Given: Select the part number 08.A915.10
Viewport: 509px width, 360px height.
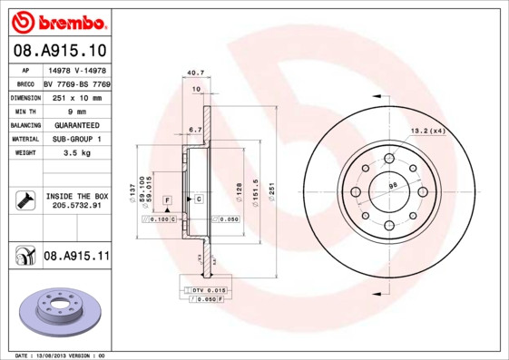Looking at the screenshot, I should tap(58, 50).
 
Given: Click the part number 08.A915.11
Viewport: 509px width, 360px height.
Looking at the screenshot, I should tap(76, 258).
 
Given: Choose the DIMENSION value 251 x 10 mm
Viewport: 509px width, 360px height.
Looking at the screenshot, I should tap(76, 95).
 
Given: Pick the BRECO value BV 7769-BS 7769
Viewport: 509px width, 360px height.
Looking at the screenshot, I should tap(77, 82).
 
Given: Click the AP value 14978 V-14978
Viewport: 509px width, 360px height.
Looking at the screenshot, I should tap(76, 68).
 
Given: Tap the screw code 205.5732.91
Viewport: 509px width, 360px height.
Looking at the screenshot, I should tap(76, 205).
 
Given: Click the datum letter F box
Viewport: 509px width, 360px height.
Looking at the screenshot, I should tap(167, 198).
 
